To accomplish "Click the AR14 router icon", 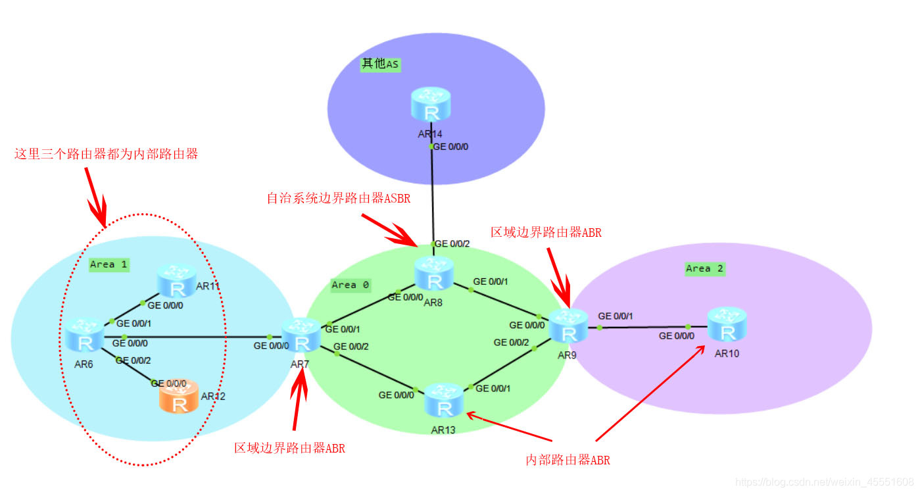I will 432,105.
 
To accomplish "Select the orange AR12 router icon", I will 178,398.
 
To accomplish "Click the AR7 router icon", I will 302,335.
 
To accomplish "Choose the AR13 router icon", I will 445,401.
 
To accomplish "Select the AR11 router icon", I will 176,282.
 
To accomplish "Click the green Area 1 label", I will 109,264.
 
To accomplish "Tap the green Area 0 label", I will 351,285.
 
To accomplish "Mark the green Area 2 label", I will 704,268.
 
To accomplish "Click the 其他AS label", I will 380,64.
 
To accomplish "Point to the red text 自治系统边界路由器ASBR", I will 338,198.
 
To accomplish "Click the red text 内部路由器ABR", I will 568,460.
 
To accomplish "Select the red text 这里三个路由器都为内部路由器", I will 106,155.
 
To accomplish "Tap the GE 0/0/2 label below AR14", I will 452,244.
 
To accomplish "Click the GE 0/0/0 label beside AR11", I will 165,305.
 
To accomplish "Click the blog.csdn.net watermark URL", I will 824,482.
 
